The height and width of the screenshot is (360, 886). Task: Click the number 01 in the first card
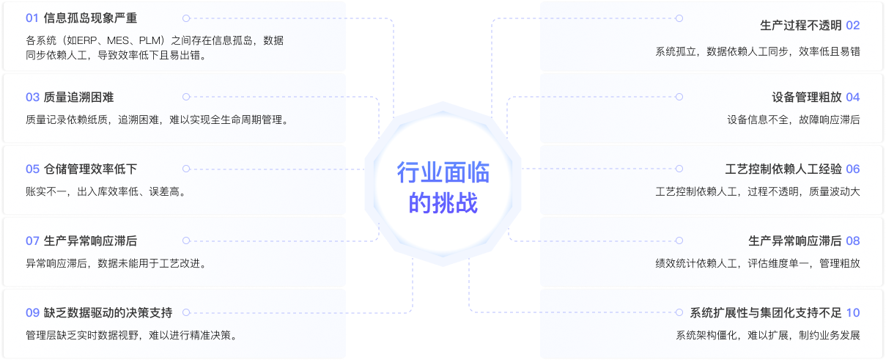click(32, 18)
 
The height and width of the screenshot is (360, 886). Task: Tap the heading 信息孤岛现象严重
click(90, 18)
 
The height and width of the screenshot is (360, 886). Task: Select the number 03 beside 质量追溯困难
click(32, 97)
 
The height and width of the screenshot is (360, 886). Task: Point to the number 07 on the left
click(32, 240)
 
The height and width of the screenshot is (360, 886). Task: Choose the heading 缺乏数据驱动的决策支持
click(108, 312)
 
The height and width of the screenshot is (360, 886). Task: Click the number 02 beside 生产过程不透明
click(853, 25)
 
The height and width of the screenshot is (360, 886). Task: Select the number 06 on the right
click(853, 169)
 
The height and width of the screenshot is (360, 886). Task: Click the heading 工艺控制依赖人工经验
click(783, 169)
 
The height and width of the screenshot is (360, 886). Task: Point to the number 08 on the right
click(853, 240)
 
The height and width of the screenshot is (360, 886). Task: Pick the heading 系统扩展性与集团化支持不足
click(765, 312)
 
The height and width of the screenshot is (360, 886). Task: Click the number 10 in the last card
click(853, 312)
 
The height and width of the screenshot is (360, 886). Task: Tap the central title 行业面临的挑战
click(443, 188)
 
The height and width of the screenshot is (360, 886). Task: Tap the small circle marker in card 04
click(679, 97)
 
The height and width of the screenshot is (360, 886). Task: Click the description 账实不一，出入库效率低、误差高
click(106, 192)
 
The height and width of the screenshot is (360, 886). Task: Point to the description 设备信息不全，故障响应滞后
click(794, 120)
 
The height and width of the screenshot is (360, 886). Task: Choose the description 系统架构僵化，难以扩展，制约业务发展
click(768, 335)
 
